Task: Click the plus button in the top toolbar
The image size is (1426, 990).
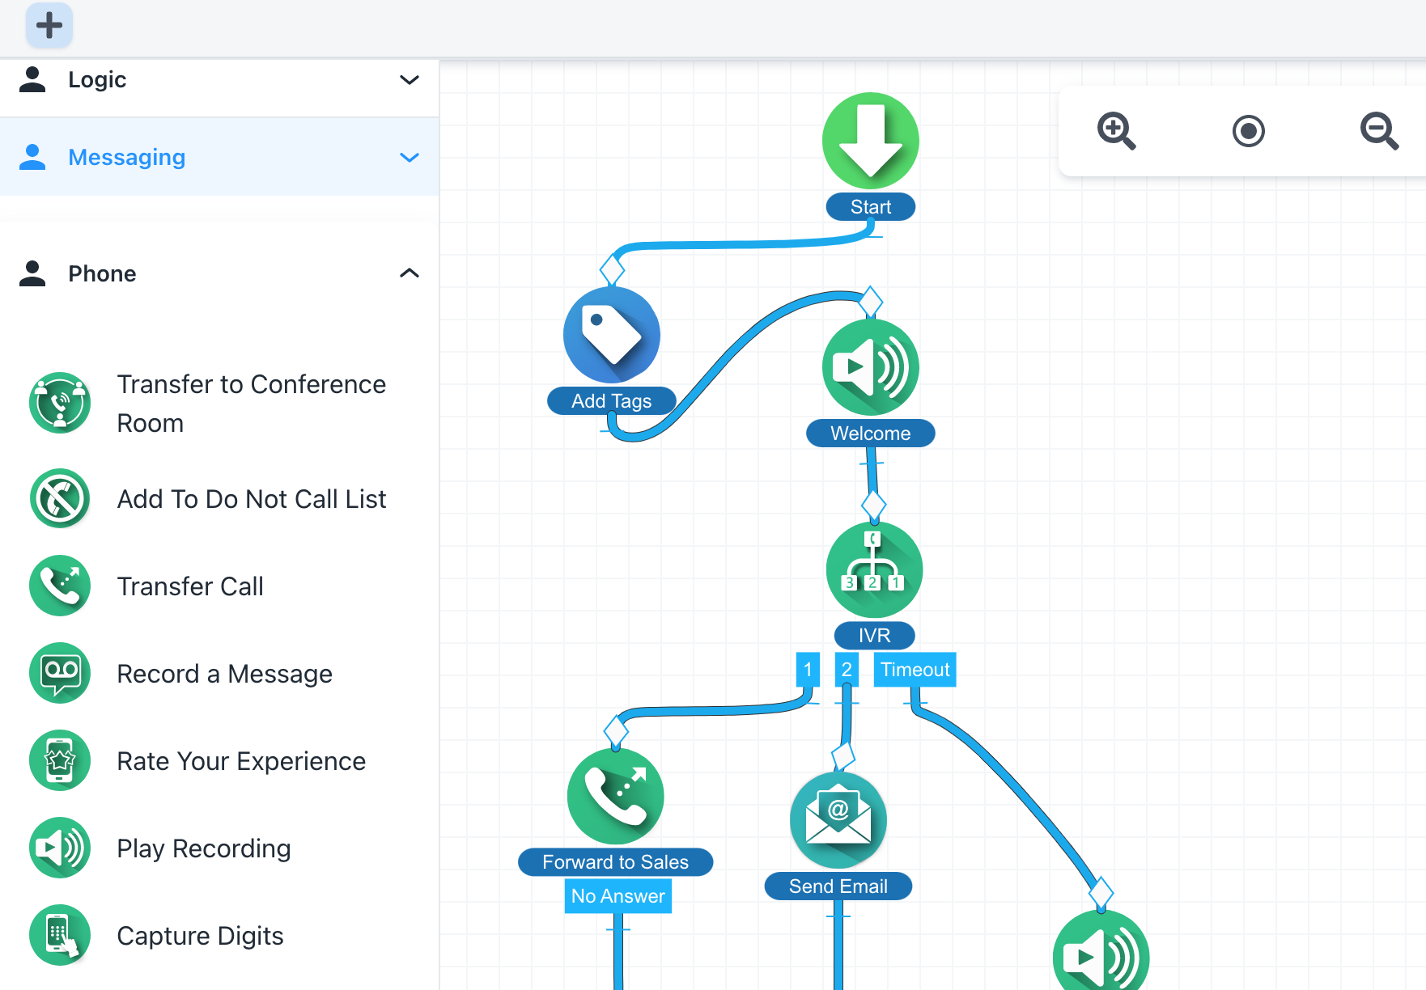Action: coord(49,25)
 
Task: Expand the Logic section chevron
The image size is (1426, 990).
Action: coord(410,80)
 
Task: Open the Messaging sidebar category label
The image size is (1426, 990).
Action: coord(126,157)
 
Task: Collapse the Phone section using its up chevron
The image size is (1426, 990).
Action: coord(410,273)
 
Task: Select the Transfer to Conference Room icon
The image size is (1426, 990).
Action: coord(60,403)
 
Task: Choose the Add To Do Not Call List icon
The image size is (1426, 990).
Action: coord(60,498)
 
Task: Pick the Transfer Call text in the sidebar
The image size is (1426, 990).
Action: coord(190,586)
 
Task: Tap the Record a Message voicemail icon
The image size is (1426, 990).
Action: coord(60,673)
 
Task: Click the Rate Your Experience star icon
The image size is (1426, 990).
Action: coord(60,760)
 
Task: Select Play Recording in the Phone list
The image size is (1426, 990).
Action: coord(203,848)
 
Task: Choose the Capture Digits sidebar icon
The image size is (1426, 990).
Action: coord(60,935)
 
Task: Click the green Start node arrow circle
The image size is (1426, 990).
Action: coord(871,141)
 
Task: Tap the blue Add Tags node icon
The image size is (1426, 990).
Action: coord(612,335)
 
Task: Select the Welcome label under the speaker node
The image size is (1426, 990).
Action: coord(871,434)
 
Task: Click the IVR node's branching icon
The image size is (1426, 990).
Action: coord(874,569)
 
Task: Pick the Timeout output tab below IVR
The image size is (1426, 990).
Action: coord(915,670)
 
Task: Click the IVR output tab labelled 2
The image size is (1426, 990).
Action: coord(847,670)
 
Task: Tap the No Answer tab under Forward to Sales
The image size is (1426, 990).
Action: coord(618,896)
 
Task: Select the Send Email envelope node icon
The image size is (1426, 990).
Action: coord(838,820)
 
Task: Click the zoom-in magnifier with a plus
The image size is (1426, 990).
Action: coord(1116,130)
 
